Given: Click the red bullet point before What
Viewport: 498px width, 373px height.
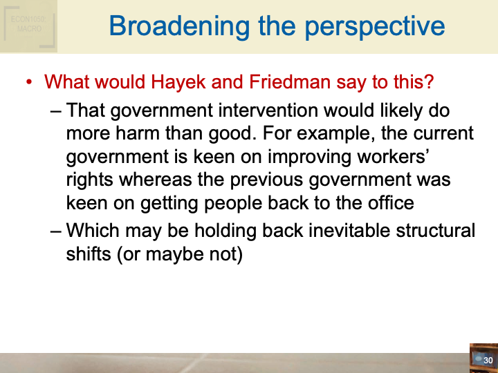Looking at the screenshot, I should pyautogui.click(x=29, y=83).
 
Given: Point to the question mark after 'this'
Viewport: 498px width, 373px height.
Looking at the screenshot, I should pyautogui.click(x=429, y=82).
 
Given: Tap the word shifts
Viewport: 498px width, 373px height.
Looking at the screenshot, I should pyautogui.click(x=89, y=254).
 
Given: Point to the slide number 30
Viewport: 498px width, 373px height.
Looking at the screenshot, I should pyautogui.click(x=488, y=360).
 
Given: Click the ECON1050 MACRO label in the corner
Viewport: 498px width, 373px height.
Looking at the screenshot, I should pyautogui.click(x=28, y=24).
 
